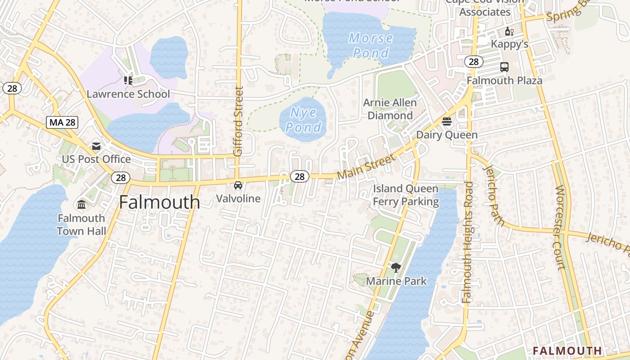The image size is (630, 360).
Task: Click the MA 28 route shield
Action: (62, 122)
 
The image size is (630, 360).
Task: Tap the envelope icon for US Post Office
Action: (96, 146)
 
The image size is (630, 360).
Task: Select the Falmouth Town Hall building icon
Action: (81, 205)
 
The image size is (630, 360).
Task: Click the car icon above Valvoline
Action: (238, 185)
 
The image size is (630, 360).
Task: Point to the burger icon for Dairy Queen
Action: (447, 121)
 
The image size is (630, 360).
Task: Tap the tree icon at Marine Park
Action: (396, 268)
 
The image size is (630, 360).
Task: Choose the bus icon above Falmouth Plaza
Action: (504, 67)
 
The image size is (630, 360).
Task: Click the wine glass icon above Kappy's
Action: (509, 31)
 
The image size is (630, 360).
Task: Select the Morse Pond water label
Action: (370, 45)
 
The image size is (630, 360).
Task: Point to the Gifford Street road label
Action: (238, 121)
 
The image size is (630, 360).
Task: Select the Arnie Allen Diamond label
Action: (390, 109)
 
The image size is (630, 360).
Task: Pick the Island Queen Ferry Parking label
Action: (405, 195)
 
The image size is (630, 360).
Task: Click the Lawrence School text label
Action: (128, 94)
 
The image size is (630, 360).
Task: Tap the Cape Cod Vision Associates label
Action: (485, 7)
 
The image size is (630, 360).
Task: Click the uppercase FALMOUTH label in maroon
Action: (567, 351)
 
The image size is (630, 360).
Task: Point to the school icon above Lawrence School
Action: (128, 81)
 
